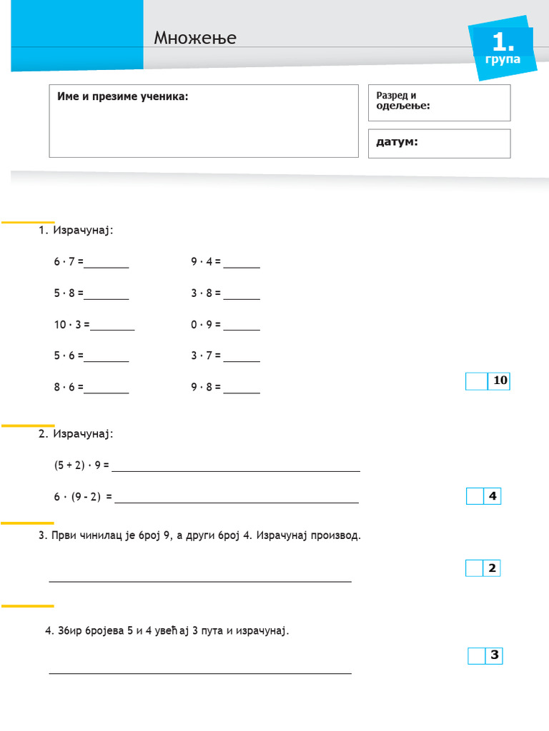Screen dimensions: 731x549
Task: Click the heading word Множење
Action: (194, 37)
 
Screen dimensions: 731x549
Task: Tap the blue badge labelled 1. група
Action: (503, 49)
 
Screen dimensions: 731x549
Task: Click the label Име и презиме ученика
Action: (122, 96)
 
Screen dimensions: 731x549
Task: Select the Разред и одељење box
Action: (439, 102)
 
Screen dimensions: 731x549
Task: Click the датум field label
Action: (397, 142)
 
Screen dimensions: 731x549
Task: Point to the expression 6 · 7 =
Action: (69, 262)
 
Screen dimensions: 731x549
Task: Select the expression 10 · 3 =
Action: (71, 324)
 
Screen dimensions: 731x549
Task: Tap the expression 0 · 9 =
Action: (206, 324)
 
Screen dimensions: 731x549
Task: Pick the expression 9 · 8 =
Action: (206, 387)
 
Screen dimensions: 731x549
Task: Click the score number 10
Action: (500, 380)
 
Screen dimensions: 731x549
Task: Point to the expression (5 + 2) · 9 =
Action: (81, 465)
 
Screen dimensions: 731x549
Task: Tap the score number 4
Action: (492, 496)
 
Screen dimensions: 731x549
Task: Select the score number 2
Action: (492, 568)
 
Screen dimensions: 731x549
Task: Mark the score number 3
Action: (494, 655)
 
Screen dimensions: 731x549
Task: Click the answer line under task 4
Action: (200, 672)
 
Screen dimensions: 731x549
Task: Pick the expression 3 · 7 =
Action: (206, 356)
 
